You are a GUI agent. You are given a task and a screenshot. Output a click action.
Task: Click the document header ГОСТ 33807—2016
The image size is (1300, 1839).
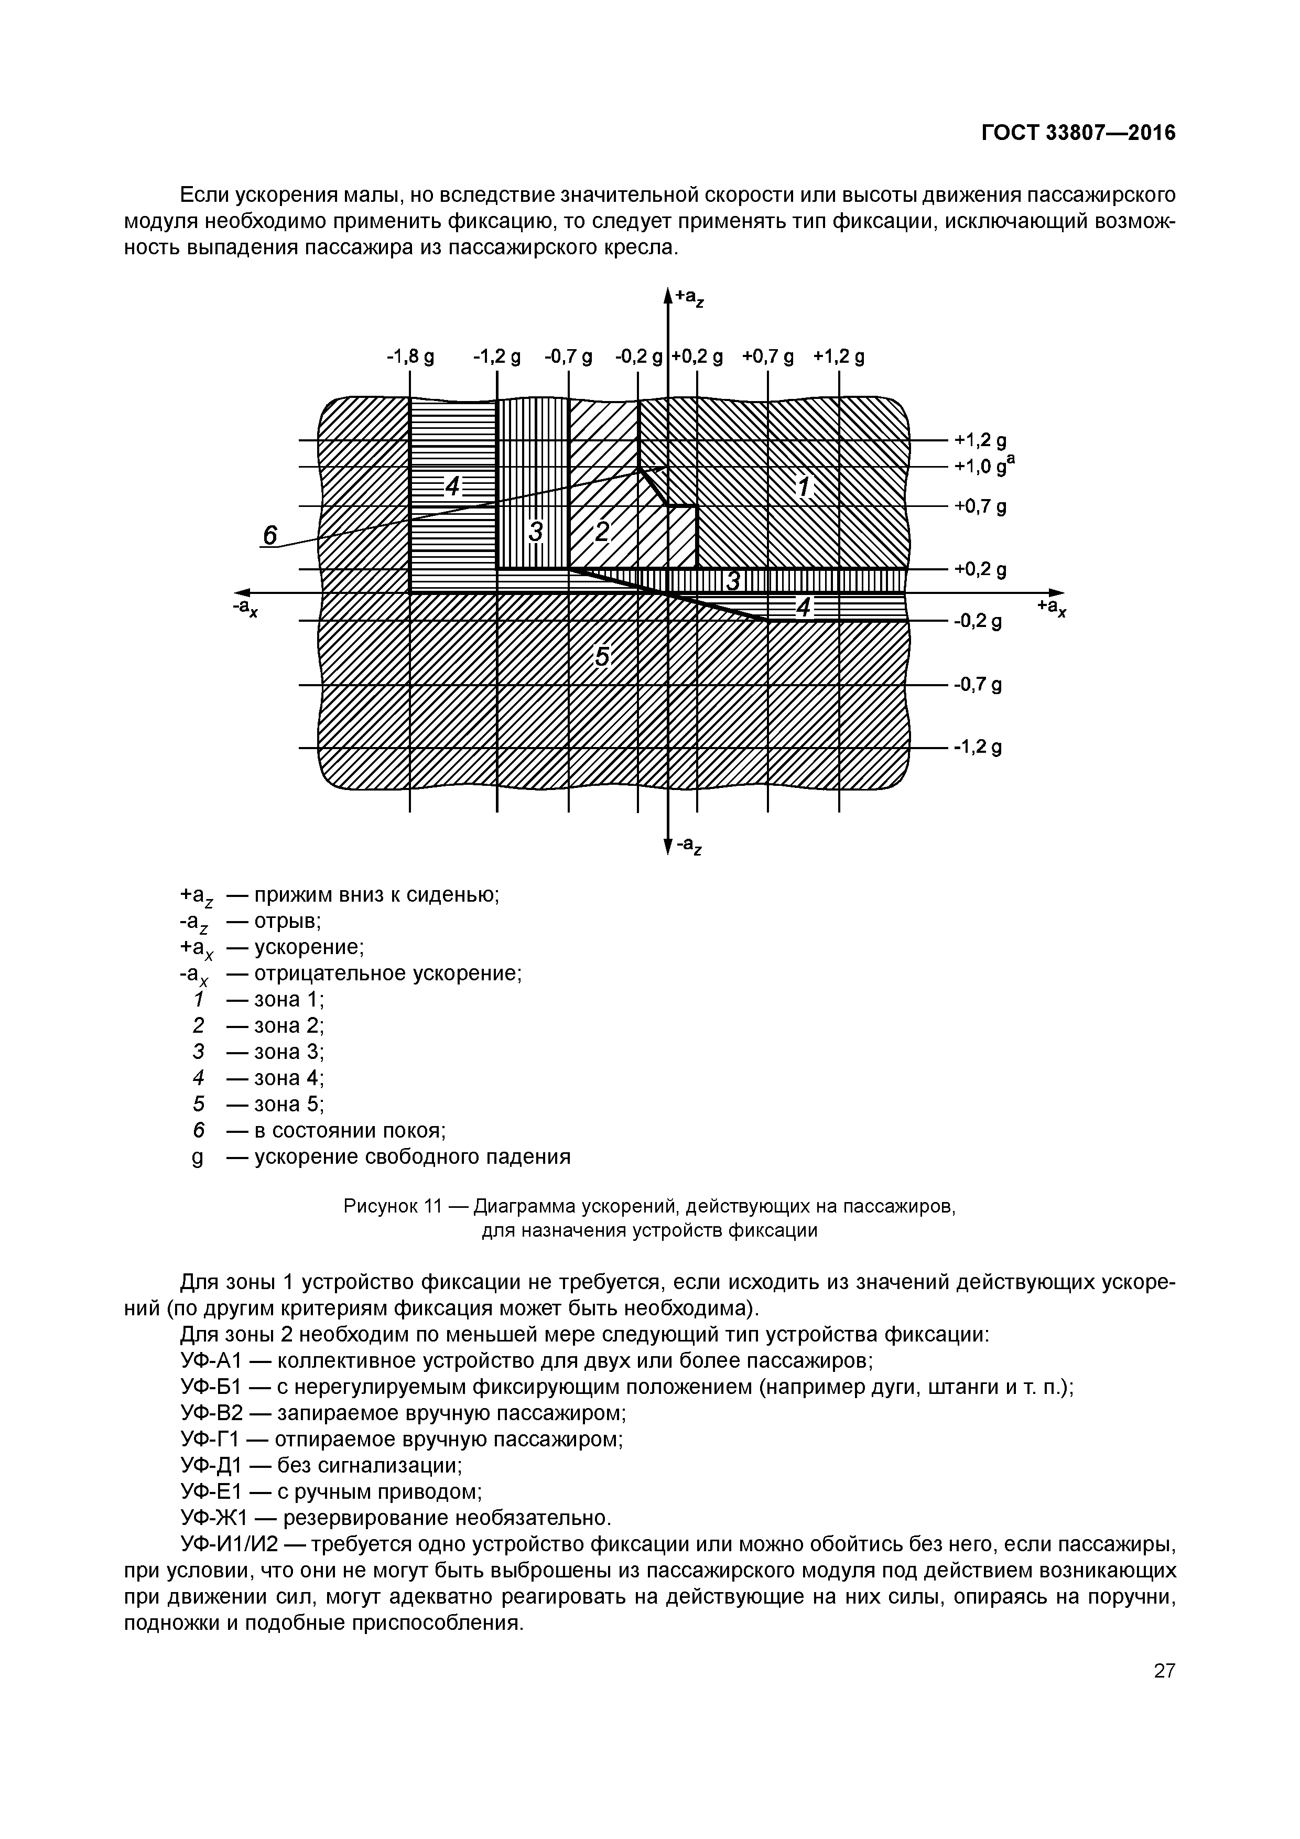click(1078, 133)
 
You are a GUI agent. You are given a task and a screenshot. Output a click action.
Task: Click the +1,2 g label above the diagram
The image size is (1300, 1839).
click(839, 356)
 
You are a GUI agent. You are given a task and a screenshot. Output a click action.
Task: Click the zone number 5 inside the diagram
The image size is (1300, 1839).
click(602, 658)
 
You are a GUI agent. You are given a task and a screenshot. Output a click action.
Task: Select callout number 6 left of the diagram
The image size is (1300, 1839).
click(270, 535)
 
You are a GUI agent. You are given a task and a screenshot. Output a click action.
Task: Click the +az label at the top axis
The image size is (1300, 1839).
click(690, 298)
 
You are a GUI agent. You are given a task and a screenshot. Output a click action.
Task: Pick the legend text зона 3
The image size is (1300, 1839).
click(288, 1052)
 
